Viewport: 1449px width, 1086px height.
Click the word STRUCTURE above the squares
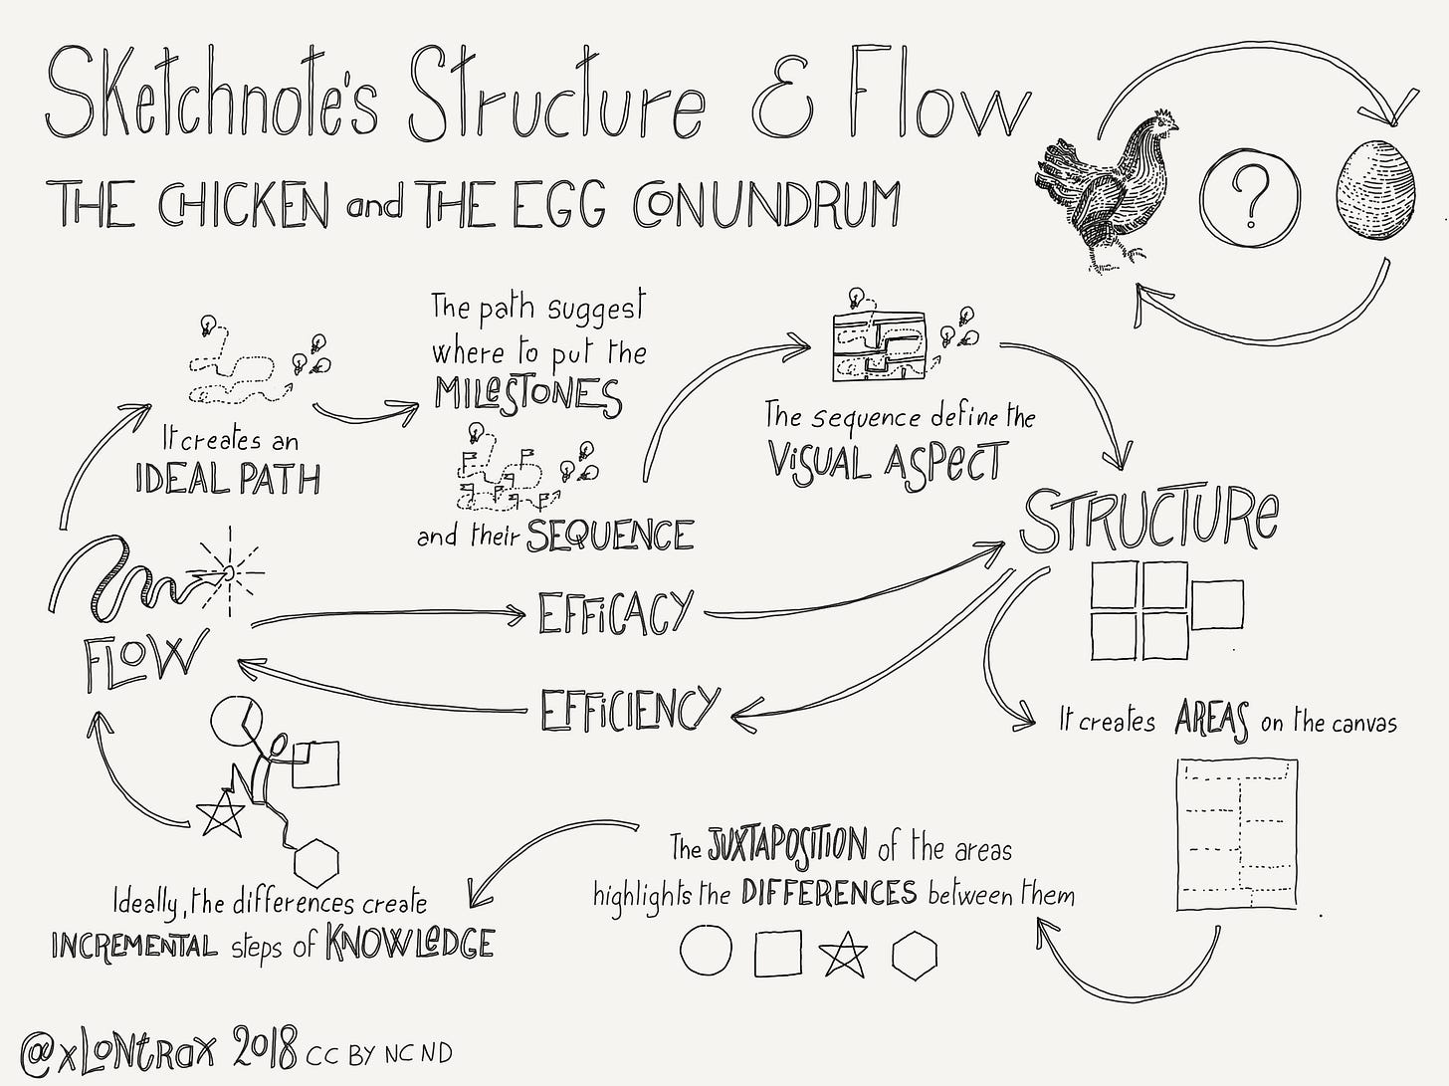1149,520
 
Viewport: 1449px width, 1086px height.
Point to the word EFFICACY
614,613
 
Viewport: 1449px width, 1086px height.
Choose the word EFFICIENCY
628,710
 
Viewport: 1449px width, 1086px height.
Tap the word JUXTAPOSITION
788,844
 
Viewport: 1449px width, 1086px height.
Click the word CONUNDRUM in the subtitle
766,204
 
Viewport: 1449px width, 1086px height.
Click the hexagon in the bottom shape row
914,954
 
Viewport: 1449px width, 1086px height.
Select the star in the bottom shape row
844,954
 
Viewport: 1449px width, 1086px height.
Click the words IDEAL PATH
228,480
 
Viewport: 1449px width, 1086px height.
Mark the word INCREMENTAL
133,945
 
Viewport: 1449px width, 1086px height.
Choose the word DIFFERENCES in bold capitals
828,892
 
